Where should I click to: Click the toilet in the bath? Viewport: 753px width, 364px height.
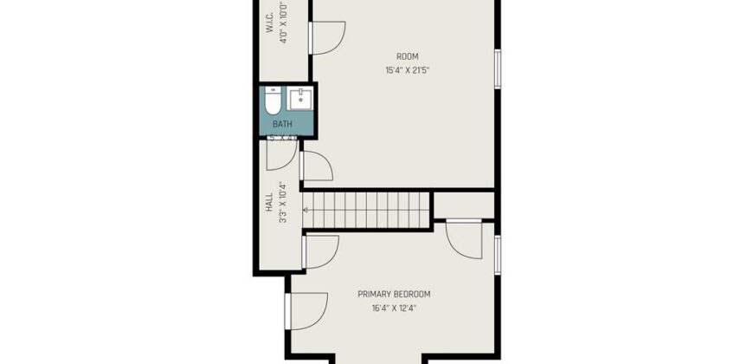point(272,105)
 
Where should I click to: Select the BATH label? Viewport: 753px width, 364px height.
point(283,124)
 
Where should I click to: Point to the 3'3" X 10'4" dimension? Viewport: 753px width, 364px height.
point(283,202)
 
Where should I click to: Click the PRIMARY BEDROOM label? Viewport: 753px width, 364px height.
point(394,294)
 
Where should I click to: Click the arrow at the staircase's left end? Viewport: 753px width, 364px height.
point(307,211)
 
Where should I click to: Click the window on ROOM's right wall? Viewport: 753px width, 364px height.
point(497,68)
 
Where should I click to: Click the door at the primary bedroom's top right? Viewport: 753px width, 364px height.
point(464,237)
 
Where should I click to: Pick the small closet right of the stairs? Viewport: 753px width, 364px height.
point(463,204)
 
